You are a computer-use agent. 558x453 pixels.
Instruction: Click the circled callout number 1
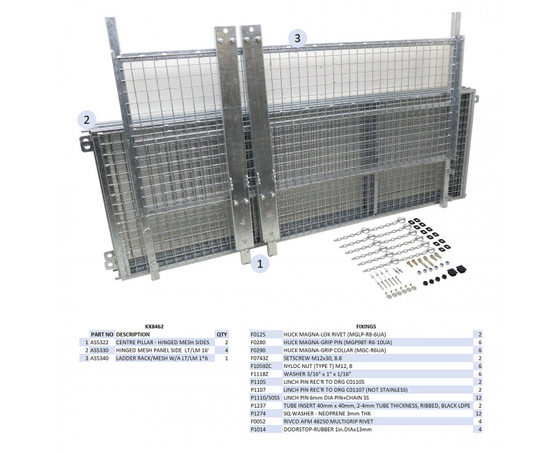pos(259,263)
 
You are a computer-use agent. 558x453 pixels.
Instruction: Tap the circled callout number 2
pos(86,120)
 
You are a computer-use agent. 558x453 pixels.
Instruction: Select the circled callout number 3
pos(298,38)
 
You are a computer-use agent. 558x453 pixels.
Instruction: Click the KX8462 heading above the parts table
pos(154,326)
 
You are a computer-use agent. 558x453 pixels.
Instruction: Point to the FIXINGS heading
pos(365,326)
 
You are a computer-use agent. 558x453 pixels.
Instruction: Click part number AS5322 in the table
pos(99,342)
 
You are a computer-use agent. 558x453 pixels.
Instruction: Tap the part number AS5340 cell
pos(99,358)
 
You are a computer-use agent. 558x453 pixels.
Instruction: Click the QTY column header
pos(222,335)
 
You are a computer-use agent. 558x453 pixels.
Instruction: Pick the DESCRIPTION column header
pos(133,335)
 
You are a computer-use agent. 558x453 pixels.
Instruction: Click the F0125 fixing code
pos(257,335)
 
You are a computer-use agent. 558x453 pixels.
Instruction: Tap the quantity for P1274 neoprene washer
pos(478,413)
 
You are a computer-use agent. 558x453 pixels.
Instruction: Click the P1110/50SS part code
pos(265,397)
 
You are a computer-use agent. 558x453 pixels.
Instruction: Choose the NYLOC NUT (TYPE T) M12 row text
pos(318,366)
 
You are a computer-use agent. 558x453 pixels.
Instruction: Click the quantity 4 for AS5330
pos(227,351)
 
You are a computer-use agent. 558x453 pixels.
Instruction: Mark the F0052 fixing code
pos(257,422)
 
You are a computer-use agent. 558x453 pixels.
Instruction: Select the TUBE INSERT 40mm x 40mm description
pos(377,406)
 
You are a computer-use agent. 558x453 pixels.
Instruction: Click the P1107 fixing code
pos(257,390)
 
